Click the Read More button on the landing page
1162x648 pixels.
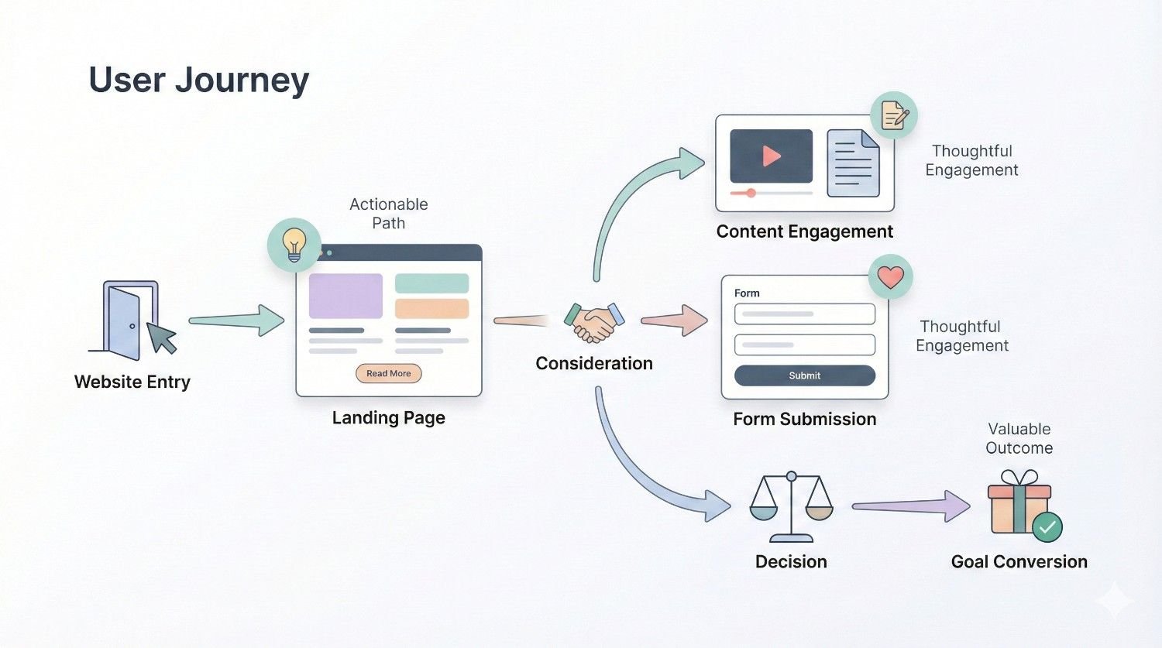point(388,373)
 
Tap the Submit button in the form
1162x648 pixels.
point(804,375)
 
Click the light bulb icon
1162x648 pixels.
point(294,244)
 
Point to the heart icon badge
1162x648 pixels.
point(890,276)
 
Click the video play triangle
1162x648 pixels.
point(771,156)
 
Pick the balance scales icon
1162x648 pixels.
point(791,507)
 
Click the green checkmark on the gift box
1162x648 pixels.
point(1047,527)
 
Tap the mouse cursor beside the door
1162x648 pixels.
point(162,338)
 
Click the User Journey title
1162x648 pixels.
point(198,80)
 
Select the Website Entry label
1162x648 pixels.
point(132,382)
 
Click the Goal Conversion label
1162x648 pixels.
point(1019,561)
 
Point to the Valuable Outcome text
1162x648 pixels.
point(1019,438)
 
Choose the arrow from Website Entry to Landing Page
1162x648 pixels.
point(236,320)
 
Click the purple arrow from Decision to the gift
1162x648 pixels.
point(910,506)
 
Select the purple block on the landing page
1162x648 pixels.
point(346,296)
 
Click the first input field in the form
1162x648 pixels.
point(804,314)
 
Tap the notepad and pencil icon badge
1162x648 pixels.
point(893,116)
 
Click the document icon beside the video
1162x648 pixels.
point(853,163)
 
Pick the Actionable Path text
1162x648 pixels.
point(388,214)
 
